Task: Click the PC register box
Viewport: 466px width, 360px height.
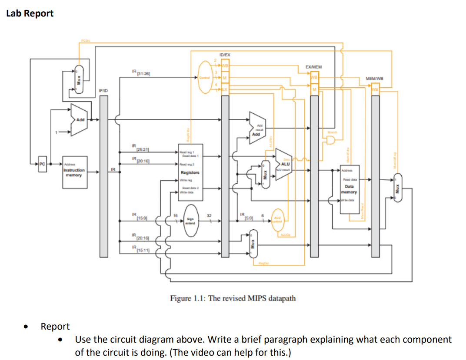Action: (42, 165)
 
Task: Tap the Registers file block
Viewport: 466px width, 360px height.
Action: (190, 172)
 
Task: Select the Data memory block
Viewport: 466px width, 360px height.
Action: (349, 189)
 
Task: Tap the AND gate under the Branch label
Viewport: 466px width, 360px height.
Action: (331, 140)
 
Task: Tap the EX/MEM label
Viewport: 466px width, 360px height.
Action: (313, 67)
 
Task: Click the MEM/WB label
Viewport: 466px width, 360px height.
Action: (374, 79)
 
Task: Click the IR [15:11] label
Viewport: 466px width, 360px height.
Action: (140, 249)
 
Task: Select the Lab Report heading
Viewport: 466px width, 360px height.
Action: (30, 13)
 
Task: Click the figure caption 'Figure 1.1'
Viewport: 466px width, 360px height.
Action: (233, 298)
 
